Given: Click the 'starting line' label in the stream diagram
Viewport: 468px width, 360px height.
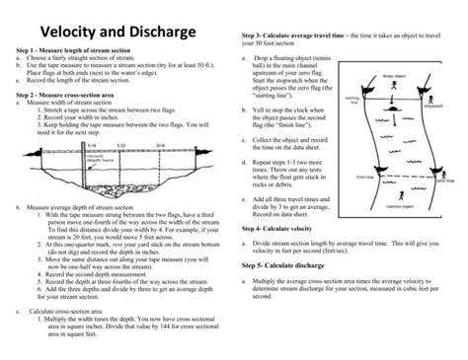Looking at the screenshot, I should (352, 101).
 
